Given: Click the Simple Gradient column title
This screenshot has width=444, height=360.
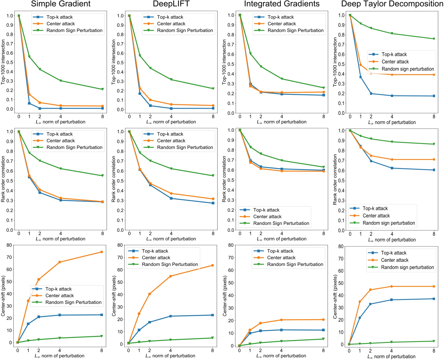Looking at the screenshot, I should coord(61,4).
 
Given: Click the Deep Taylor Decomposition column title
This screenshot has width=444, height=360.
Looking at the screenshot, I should coord(392,4).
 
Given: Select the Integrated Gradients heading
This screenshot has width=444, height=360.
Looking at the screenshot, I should coord(282,4).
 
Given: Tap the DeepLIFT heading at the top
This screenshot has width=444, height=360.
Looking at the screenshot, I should coord(171,4).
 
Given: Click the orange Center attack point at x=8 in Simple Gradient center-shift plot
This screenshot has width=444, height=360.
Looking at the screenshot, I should coord(102,252).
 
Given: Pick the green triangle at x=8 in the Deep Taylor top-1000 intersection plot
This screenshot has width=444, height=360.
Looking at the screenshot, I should coord(434,39).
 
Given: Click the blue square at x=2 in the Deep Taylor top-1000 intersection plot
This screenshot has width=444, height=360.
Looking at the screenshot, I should coord(371,93).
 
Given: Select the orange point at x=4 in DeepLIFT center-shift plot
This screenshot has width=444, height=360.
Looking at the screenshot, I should coord(170,276).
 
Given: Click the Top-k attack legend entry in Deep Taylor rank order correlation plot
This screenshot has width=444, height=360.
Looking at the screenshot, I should coord(375,208).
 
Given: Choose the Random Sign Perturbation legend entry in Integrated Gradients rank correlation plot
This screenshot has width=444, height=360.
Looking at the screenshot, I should coord(281,223).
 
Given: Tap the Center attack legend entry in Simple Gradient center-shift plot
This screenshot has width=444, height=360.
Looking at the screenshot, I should coord(60,295).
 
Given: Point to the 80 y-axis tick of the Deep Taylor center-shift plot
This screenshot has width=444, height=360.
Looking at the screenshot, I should coord(341,246).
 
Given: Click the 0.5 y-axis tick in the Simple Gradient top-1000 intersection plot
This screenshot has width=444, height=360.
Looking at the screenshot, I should coord(10,62).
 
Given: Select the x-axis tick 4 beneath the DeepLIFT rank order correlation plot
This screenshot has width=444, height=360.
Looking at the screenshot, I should coord(171,233).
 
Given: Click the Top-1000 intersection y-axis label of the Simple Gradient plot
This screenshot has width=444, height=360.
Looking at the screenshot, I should coord(3,62).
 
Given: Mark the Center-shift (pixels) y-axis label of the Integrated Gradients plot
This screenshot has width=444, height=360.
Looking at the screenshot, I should coord(225,296).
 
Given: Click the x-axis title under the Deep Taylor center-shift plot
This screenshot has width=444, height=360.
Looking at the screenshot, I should coord(391,357).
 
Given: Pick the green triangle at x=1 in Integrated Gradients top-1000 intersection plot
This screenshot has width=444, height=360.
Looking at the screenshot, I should coord(250,54).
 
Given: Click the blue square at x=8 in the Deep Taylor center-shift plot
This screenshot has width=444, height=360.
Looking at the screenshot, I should coord(434,299).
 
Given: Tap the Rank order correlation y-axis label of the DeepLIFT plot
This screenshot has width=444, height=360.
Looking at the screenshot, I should coord(114,179).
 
